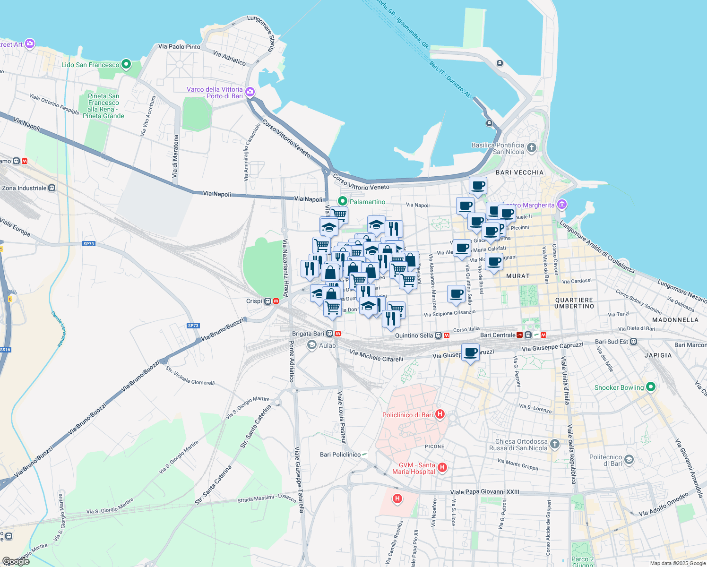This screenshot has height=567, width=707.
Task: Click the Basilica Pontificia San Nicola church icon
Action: [x=532, y=148]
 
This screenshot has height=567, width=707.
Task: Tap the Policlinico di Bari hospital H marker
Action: [x=440, y=415]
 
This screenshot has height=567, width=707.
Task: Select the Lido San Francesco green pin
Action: [x=126, y=64]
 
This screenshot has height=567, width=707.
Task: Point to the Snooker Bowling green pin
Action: [x=651, y=387]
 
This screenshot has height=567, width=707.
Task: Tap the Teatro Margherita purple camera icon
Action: [x=562, y=205]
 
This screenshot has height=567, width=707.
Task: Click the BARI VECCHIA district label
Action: [x=519, y=172]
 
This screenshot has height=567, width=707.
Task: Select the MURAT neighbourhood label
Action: [x=518, y=275]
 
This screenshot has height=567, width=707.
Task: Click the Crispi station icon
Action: [x=267, y=301]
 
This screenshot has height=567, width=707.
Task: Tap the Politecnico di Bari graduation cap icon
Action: [x=629, y=459]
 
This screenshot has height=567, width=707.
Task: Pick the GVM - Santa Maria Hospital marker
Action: [x=442, y=468]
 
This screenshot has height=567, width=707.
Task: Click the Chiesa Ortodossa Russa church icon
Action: [x=555, y=444]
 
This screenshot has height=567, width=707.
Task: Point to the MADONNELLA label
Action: [x=675, y=320]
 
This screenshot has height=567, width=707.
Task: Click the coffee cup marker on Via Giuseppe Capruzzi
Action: [x=471, y=352]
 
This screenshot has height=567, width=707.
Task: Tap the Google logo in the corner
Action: [x=16, y=561]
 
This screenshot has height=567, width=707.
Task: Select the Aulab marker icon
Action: [x=311, y=345]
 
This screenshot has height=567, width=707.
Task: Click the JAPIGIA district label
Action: [x=658, y=355]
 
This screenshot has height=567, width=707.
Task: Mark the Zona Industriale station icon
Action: [x=52, y=188]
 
